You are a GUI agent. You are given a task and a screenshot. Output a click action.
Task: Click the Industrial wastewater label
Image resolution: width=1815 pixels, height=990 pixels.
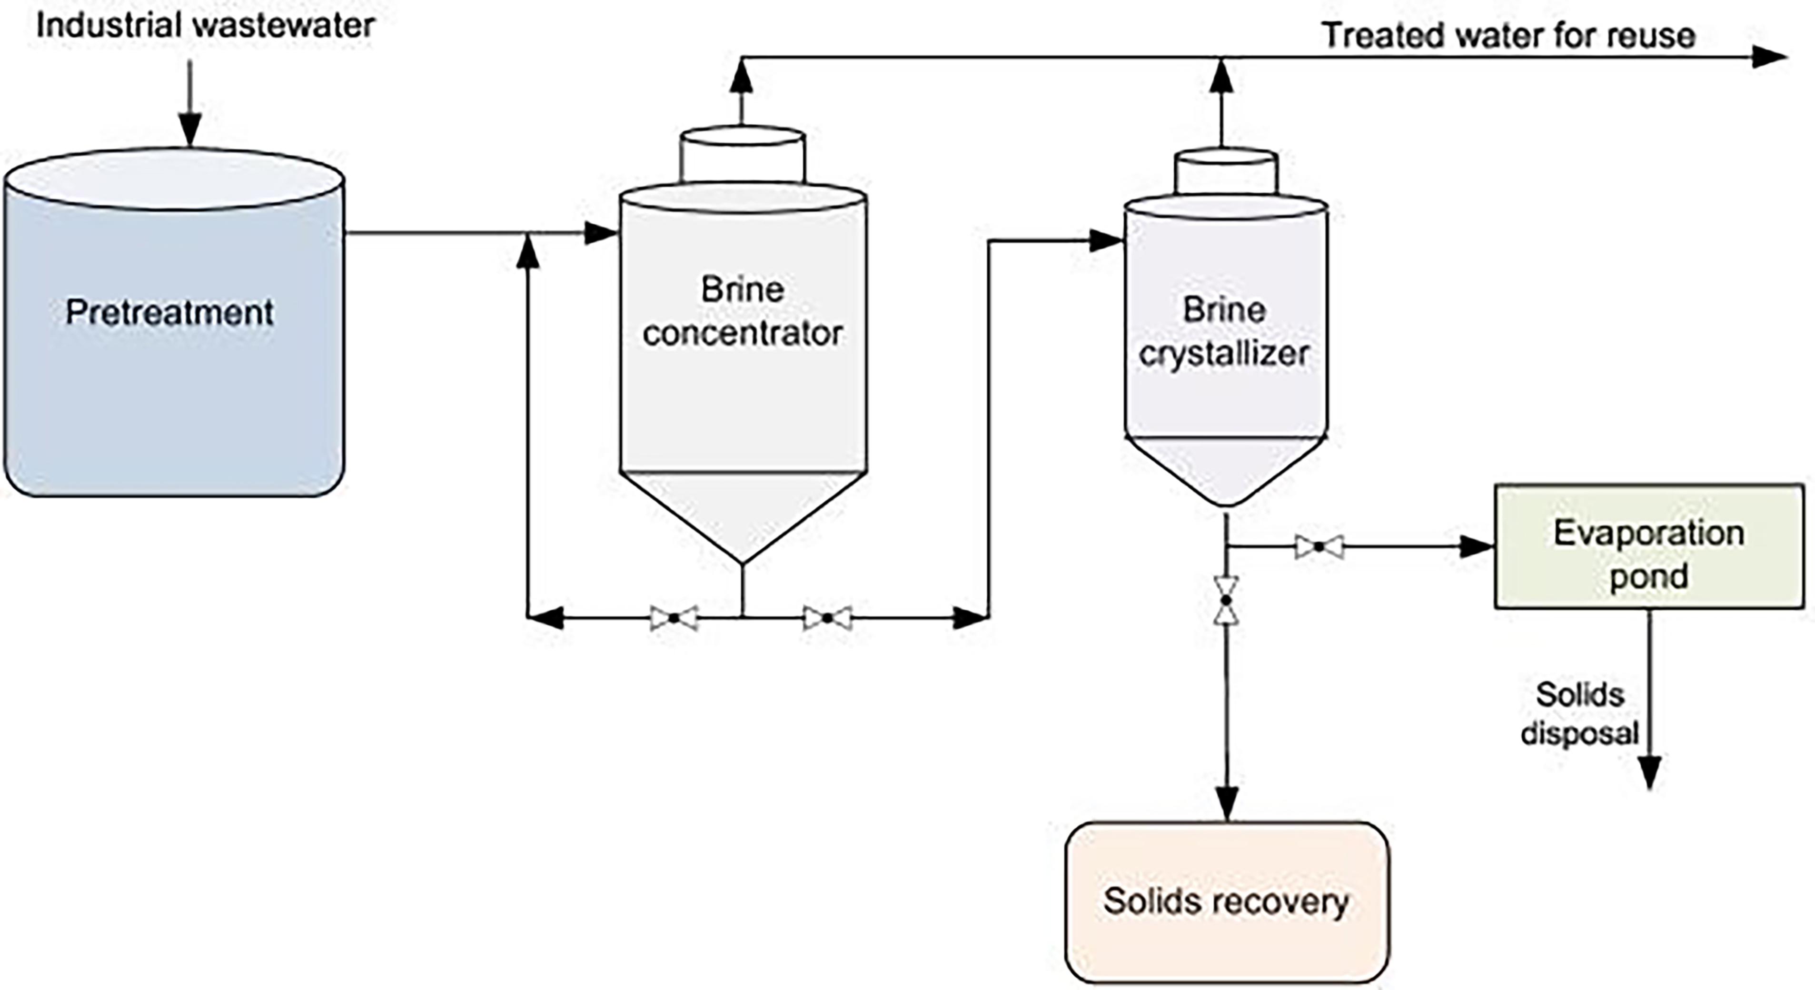point(205,26)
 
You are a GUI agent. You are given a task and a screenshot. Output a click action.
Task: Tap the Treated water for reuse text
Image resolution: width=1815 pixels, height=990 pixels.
point(1508,35)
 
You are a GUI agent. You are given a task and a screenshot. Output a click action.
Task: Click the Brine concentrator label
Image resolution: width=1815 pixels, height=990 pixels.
point(743,311)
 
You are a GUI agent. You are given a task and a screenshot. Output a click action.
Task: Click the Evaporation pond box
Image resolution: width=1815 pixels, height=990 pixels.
point(1649,546)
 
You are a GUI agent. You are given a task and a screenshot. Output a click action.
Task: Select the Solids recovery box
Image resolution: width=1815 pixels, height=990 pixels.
point(1227,902)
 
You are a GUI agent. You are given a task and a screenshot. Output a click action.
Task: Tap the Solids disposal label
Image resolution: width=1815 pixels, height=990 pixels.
point(1580,714)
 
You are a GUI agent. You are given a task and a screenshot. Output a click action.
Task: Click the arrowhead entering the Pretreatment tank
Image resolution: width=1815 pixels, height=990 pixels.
point(189,131)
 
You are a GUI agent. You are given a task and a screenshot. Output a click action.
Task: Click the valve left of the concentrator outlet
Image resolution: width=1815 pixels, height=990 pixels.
point(674,618)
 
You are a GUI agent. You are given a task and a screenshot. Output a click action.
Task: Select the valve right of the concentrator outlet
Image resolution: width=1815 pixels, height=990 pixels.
point(827,618)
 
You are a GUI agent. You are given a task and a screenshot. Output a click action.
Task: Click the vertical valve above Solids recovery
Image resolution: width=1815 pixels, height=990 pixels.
point(1226,600)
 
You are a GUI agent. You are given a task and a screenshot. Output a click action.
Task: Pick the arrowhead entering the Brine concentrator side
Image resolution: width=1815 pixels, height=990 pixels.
point(601,233)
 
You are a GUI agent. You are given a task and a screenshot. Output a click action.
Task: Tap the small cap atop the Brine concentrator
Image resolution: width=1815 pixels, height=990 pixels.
point(743,155)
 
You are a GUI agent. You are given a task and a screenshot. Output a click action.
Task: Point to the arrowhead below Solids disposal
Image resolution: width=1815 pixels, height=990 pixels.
point(1649,772)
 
